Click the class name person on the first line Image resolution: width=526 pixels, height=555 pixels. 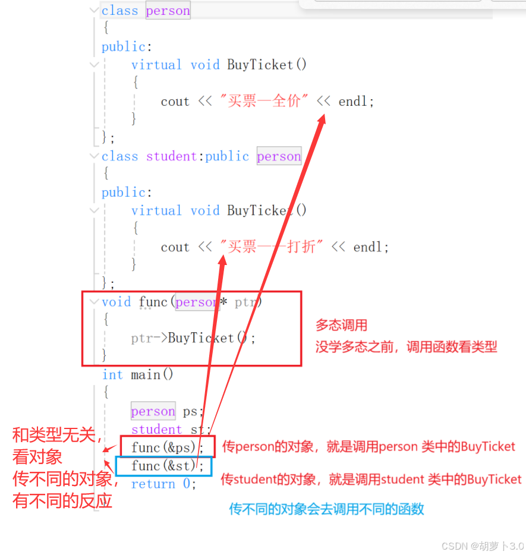pyautogui.click(x=168, y=11)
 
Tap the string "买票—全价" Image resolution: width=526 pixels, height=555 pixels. pyautogui.click(x=264, y=102)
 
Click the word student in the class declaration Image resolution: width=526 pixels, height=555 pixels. pyautogui.click(x=172, y=156)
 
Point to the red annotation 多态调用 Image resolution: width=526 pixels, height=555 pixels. pyautogui.click(x=341, y=326)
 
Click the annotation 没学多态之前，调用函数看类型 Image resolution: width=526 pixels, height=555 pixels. pyautogui.click(x=406, y=347)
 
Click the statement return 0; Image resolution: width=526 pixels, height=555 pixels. pyautogui.click(x=163, y=484)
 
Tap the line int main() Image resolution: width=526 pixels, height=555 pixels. pyautogui.click(x=137, y=375)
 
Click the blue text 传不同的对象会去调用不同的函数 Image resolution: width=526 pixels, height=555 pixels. pyautogui.click(x=326, y=509)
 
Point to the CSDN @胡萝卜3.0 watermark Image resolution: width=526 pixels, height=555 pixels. pyautogui.click(x=483, y=545)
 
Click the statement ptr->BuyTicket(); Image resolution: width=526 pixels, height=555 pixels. pyautogui.click(x=193, y=338)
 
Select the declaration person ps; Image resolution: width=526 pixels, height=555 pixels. pyautogui.click(x=167, y=411)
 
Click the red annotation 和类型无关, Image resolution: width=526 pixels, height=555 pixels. pyautogui.click(x=58, y=436)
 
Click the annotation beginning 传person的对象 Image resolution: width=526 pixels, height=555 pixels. pyautogui.click(x=368, y=447)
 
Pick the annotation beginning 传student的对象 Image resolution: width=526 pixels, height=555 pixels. pyautogui.click(x=371, y=479)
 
